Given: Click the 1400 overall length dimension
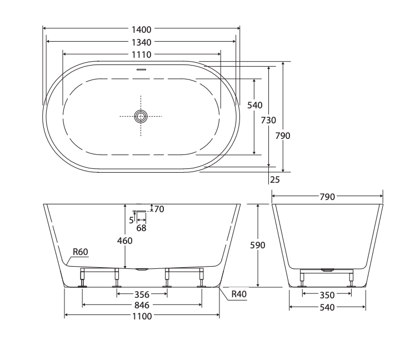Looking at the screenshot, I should [141, 29].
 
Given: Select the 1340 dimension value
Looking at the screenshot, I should [141, 42].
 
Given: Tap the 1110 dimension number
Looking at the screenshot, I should [141, 54].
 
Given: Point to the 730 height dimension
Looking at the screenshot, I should [269, 120].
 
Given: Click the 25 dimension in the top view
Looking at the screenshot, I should [274, 179].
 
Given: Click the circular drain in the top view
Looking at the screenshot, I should [141, 116].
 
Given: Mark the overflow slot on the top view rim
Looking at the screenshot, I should [141, 70].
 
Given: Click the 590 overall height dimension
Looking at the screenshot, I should [259, 245].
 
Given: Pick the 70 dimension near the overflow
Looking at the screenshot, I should [159, 209].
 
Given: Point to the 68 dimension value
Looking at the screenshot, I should [141, 227].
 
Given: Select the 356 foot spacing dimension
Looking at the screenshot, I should [141, 294].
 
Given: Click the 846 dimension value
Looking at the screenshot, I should [141, 305].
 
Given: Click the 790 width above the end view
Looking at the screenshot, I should [327, 197].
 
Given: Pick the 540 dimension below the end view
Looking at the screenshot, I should [327, 307].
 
